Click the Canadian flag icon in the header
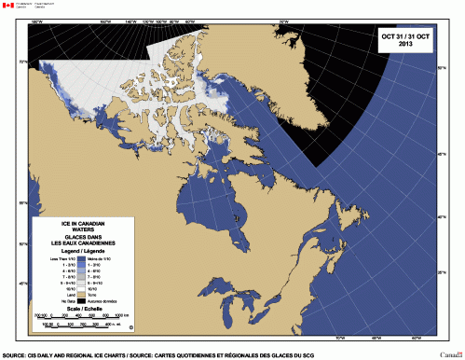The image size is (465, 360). pos(8,6)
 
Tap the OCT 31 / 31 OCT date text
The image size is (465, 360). pos(403,35)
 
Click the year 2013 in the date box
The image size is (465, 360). pos(405,44)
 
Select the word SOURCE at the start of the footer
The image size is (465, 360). pos(14,354)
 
